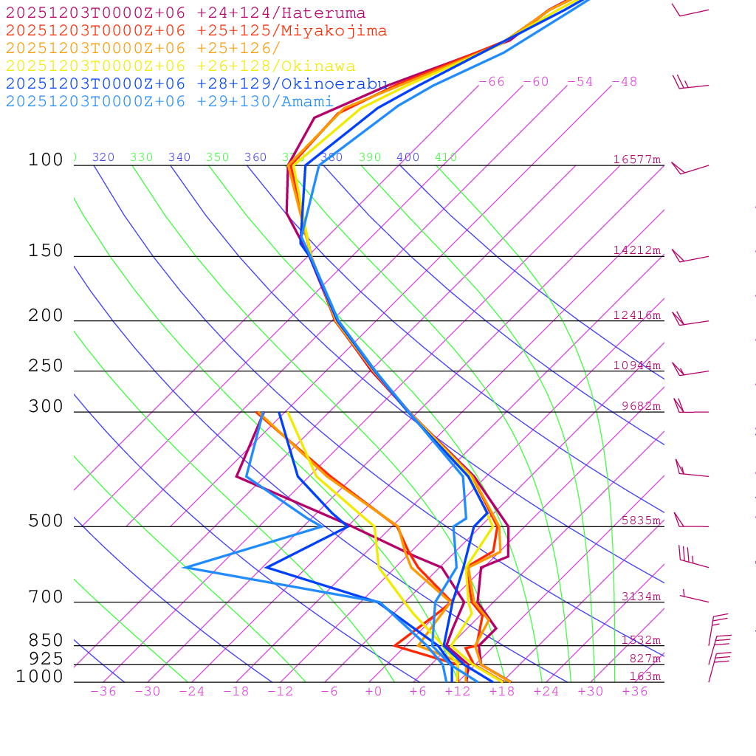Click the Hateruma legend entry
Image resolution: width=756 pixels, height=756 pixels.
185,13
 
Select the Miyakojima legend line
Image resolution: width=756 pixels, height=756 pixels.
196,31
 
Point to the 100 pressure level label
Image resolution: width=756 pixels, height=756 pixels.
46,160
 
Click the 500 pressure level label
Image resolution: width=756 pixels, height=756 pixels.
46,522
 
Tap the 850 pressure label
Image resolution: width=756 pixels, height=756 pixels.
46,641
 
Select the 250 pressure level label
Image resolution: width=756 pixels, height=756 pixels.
46,366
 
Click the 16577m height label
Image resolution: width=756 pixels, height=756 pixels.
636,159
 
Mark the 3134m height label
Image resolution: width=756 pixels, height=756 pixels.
641,597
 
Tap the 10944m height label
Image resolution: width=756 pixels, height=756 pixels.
636,365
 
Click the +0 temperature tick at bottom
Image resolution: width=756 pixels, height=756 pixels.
374,692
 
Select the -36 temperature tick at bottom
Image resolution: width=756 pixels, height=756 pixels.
103,692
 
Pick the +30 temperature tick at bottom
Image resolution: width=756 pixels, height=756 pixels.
591,692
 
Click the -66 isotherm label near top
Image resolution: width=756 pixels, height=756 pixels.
492,82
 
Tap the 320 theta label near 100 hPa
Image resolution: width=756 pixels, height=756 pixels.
103,157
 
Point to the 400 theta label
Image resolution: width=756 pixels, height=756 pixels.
408,157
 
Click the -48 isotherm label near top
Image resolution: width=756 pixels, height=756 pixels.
625,82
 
